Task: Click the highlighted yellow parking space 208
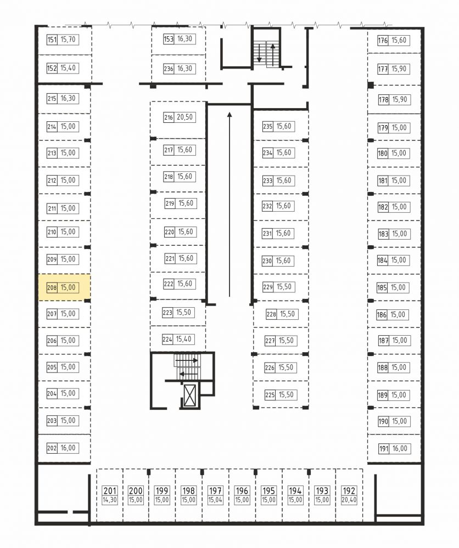tap(64, 287)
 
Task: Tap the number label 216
tap(169, 117)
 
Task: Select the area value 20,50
tap(184, 117)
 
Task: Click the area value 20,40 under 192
tap(349, 500)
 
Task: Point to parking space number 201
tap(110, 491)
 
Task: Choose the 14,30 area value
tap(110, 500)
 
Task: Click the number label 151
tap(52, 39)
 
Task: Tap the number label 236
tap(169, 69)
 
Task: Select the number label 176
tap(383, 41)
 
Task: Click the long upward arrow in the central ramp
tap(229, 205)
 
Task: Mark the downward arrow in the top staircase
tap(259, 53)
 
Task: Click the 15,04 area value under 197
tap(215, 500)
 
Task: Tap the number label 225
tap(270, 396)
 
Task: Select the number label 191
tap(383, 449)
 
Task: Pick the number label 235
tap(267, 127)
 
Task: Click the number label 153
tap(169, 39)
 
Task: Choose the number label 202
tap(52, 448)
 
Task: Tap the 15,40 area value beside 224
tap(184, 339)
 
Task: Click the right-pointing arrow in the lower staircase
tap(187, 360)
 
